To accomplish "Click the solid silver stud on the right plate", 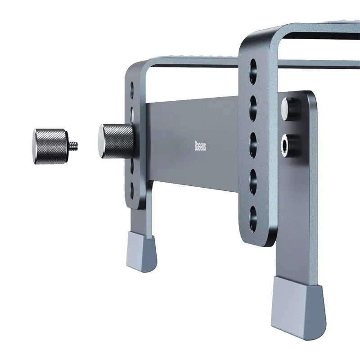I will click(286, 108).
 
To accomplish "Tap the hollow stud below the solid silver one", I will click(286, 143).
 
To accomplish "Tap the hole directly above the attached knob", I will click(132, 110).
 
